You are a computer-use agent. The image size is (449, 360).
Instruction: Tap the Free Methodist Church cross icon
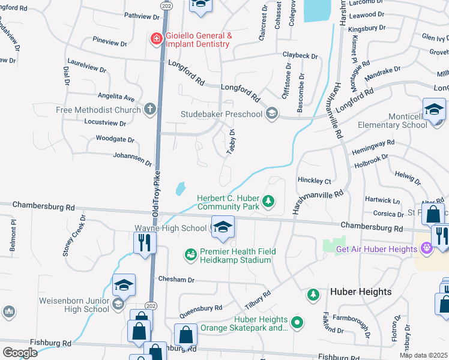click(x=149, y=110)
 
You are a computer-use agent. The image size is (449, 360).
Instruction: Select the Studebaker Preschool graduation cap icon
click(x=272, y=114)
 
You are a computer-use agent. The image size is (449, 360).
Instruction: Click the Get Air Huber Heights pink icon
click(x=426, y=248)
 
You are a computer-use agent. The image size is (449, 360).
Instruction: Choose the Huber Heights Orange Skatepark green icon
click(x=296, y=324)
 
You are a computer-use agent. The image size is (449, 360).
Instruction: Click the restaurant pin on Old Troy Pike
click(x=144, y=242)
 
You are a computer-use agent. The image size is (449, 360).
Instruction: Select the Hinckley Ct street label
click(x=315, y=181)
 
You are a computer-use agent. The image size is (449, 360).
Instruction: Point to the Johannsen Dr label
click(x=133, y=158)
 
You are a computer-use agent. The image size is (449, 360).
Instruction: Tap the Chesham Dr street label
click(x=176, y=280)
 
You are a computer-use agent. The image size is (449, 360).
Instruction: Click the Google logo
click(x=20, y=352)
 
